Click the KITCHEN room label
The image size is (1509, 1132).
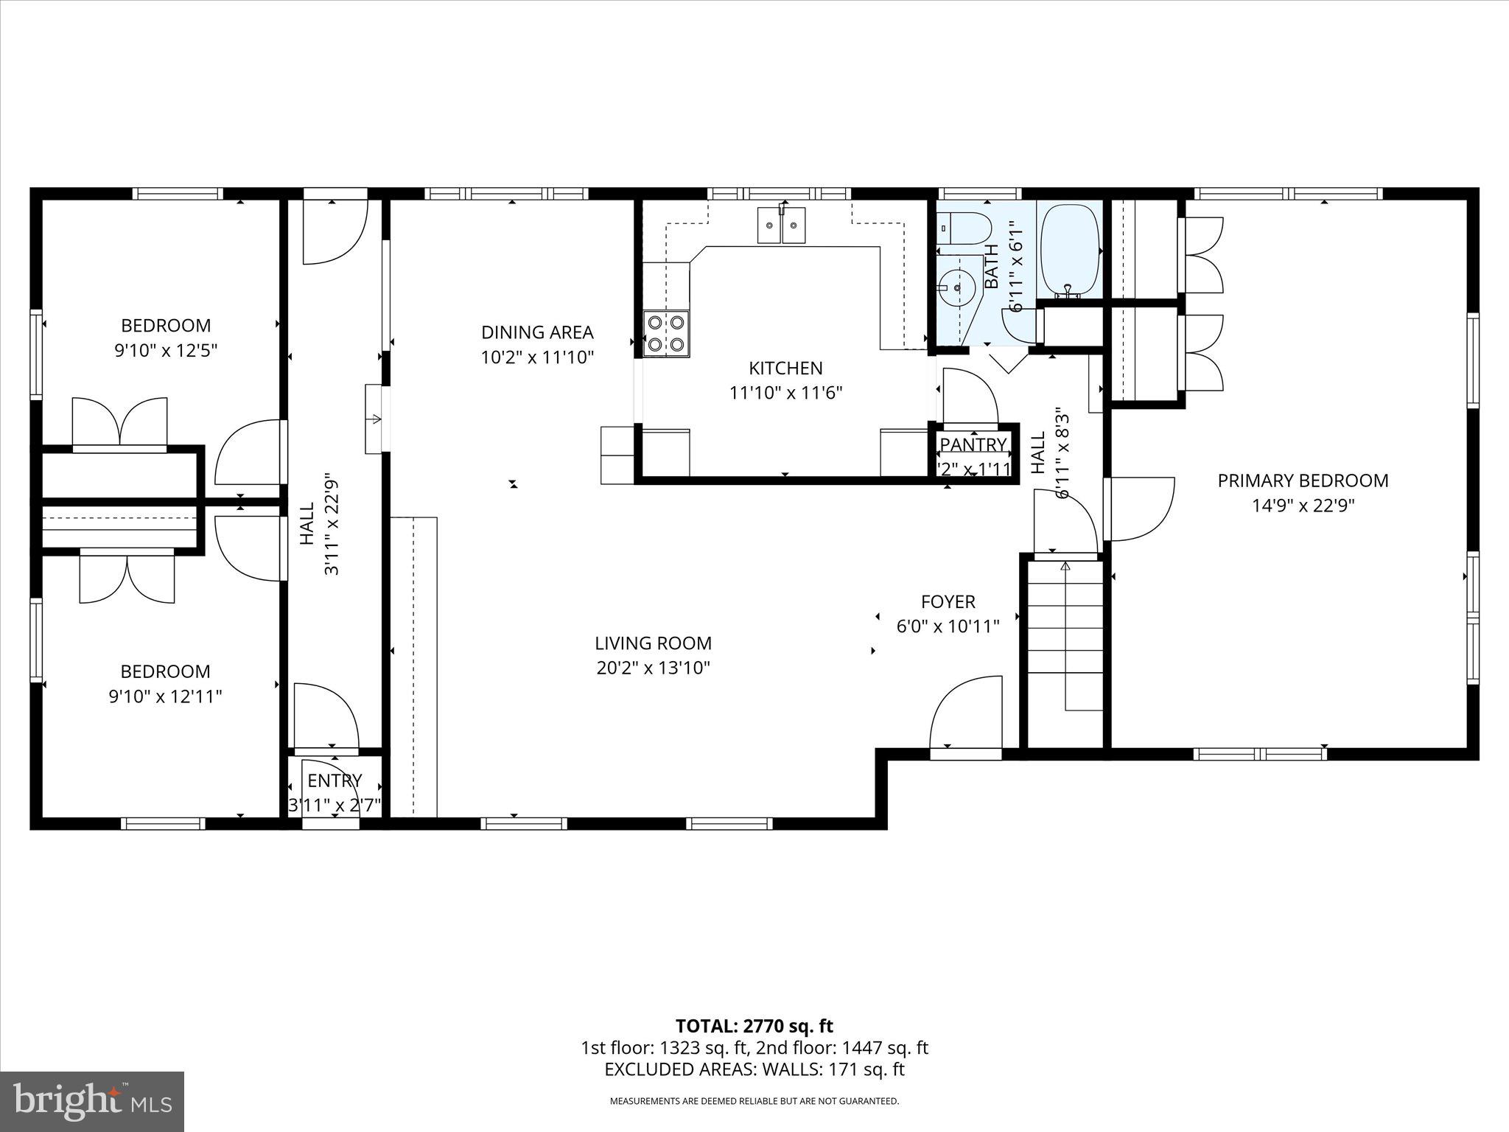(785, 368)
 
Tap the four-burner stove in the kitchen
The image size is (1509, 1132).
(666, 333)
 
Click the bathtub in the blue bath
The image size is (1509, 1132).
(1069, 251)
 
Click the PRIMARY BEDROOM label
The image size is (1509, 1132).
(1303, 481)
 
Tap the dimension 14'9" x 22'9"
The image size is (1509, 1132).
(1303, 506)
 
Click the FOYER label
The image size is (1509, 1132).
(948, 601)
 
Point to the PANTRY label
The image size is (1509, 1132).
(973, 444)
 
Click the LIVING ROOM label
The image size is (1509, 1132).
(653, 643)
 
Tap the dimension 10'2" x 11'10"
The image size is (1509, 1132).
(537, 357)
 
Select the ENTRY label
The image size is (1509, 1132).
(335, 780)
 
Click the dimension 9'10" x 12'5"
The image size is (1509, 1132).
(166, 350)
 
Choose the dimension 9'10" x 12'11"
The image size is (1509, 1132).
(166, 696)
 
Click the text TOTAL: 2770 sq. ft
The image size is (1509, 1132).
(754, 1026)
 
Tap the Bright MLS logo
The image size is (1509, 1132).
(92, 1101)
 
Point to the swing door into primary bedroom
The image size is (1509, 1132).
(1138, 509)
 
